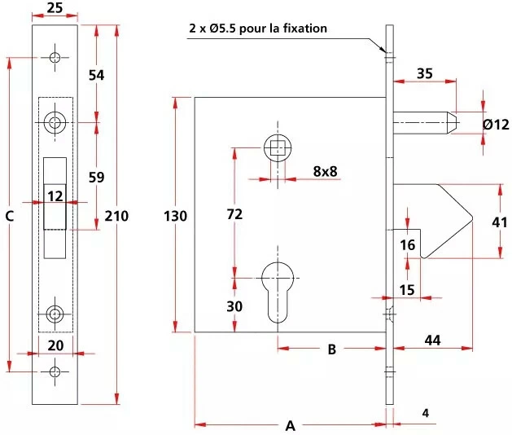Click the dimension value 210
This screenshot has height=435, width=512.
pos(114,216)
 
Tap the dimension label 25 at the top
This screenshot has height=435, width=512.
pos(55,8)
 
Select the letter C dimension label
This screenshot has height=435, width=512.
pos(10,216)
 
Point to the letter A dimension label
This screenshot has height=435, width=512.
pos(291,425)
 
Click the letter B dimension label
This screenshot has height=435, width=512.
pos(331,350)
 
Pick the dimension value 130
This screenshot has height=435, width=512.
pos(175,216)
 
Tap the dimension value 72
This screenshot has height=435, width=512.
pos(234,215)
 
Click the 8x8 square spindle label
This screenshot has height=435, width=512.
pos(325,171)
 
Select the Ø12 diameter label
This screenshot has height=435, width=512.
pos(496,125)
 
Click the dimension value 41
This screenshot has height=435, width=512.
pos(499,222)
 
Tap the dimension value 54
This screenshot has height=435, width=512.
pos(97,75)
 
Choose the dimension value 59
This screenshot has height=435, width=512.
pos(97,177)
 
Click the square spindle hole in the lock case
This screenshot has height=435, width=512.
pos(278,148)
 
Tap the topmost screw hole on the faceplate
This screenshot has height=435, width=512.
pos(55,58)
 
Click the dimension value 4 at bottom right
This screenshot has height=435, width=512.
pos(426,412)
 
